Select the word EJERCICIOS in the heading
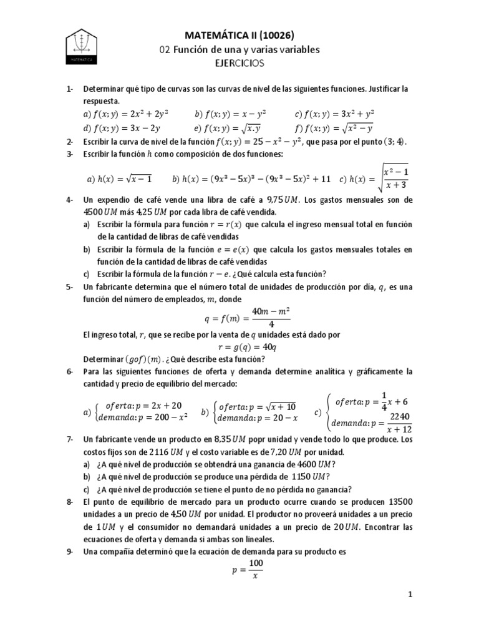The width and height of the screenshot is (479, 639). pos(239,63)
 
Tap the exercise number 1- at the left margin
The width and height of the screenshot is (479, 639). pos(70,89)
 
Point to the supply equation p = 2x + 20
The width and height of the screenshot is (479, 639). pos(142,404)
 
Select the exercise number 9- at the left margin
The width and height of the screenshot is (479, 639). pos(70,551)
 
